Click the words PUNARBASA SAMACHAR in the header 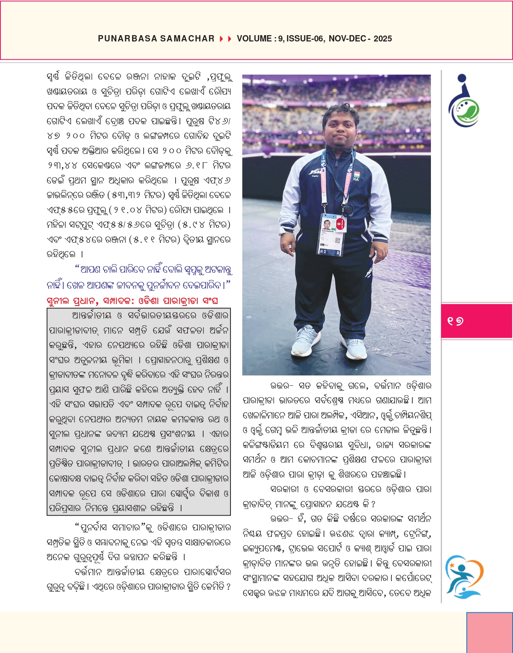[156, 39]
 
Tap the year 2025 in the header [382, 39]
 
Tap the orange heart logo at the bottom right [464, 576]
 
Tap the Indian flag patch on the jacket [356, 175]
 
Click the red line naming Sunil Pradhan [132, 301]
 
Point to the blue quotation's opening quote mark [77, 268]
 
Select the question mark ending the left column [228, 587]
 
